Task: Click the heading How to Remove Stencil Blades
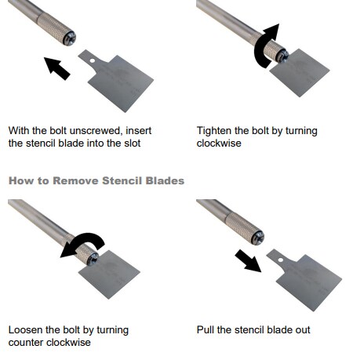pos(96,180)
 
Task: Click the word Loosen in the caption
pos(25,329)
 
